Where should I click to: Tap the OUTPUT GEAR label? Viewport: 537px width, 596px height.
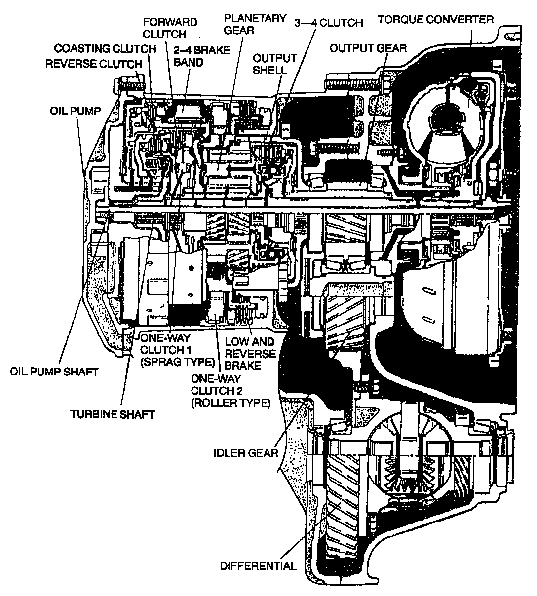368,48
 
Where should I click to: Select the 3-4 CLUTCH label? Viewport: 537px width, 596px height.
328,23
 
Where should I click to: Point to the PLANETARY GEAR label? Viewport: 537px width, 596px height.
255,24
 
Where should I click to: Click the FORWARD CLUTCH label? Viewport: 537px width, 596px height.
170,28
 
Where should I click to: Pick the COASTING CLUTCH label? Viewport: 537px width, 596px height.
105,48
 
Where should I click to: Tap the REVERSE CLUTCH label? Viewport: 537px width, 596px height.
94,64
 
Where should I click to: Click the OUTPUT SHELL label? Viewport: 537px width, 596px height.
274,64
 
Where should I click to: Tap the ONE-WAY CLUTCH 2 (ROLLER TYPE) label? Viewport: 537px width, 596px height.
230,391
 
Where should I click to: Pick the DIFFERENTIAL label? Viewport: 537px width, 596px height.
259,565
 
